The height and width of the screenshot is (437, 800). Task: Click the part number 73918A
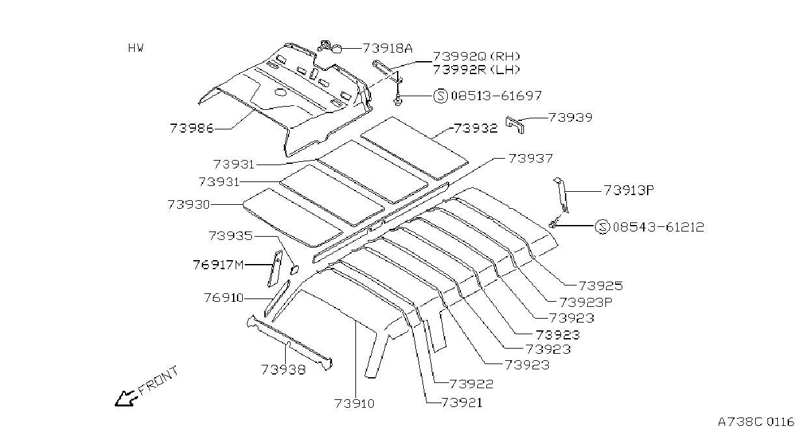click(x=387, y=48)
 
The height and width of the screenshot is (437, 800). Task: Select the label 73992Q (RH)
click(x=476, y=57)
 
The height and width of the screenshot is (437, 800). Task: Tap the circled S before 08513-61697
click(x=440, y=96)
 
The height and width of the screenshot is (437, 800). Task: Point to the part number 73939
click(x=570, y=117)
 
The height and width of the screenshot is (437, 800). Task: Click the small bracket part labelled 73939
click(x=516, y=124)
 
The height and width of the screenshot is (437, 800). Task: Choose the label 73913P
click(x=629, y=190)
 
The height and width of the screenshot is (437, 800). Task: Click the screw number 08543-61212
click(x=658, y=227)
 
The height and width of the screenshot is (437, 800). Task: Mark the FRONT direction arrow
click(x=126, y=399)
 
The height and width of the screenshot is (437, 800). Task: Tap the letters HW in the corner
click(x=135, y=48)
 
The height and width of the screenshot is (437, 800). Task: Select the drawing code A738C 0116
click(x=756, y=422)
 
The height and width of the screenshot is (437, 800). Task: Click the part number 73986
click(x=192, y=128)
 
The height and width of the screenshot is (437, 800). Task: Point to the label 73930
click(x=189, y=204)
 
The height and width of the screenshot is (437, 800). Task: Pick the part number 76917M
click(x=218, y=265)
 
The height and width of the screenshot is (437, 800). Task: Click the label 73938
click(x=284, y=369)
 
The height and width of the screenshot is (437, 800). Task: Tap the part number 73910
click(x=354, y=403)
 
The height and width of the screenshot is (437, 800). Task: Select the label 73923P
click(x=586, y=302)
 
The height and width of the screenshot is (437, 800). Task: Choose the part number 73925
click(x=601, y=285)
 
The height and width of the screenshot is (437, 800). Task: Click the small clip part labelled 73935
click(x=294, y=270)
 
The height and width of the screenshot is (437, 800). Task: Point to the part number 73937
click(x=531, y=158)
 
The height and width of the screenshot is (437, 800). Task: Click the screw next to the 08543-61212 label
click(x=553, y=224)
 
